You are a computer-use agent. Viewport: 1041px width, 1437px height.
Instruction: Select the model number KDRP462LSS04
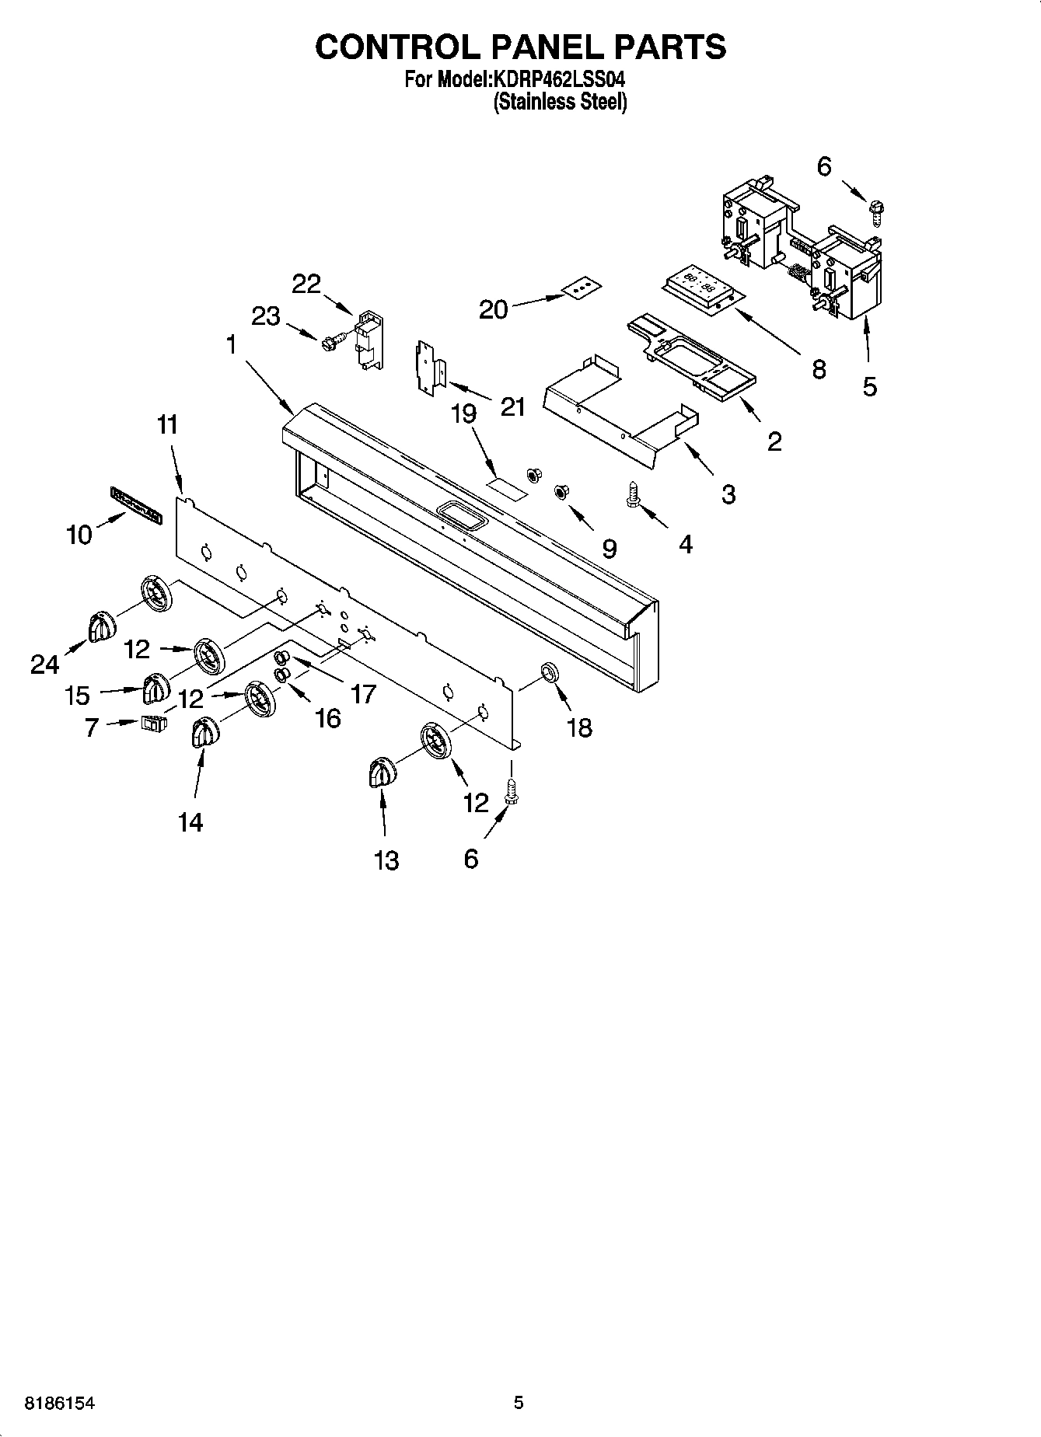click(x=559, y=79)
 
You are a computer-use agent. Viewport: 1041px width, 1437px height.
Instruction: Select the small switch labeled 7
click(x=154, y=724)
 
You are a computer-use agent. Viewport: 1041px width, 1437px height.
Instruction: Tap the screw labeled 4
click(x=632, y=494)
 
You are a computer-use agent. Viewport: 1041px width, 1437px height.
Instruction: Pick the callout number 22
click(x=306, y=284)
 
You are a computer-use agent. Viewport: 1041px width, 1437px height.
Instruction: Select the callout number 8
click(x=818, y=368)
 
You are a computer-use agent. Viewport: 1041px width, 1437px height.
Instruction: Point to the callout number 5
click(x=869, y=386)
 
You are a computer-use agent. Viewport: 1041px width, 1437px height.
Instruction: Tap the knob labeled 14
click(x=204, y=732)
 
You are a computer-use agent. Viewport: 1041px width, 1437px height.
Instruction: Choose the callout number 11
click(x=166, y=425)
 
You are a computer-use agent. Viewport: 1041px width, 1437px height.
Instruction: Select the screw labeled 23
click(x=329, y=342)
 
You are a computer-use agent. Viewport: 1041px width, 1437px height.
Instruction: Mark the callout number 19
click(x=463, y=413)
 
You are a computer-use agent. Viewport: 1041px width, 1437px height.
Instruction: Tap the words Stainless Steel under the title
click(x=560, y=102)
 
